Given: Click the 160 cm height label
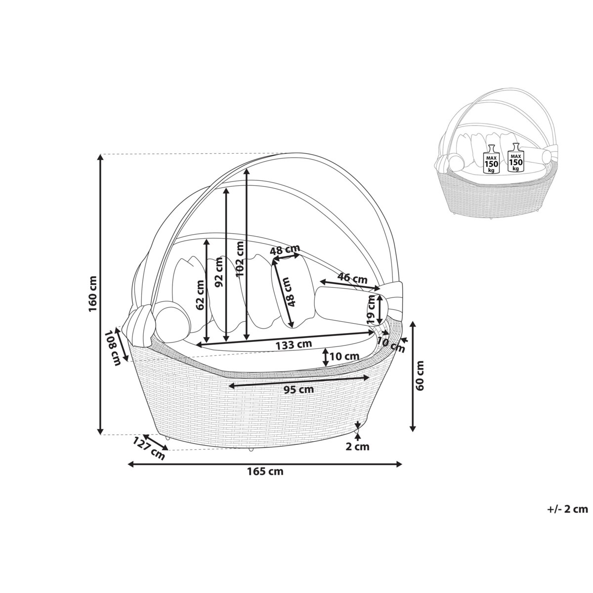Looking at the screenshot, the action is (93, 294).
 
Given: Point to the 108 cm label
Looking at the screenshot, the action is (112, 348).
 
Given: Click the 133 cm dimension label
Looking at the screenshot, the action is (294, 344).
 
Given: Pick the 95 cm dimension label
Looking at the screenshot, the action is (299, 389).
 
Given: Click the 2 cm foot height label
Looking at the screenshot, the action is (358, 446).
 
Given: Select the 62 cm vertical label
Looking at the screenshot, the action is (200, 296).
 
